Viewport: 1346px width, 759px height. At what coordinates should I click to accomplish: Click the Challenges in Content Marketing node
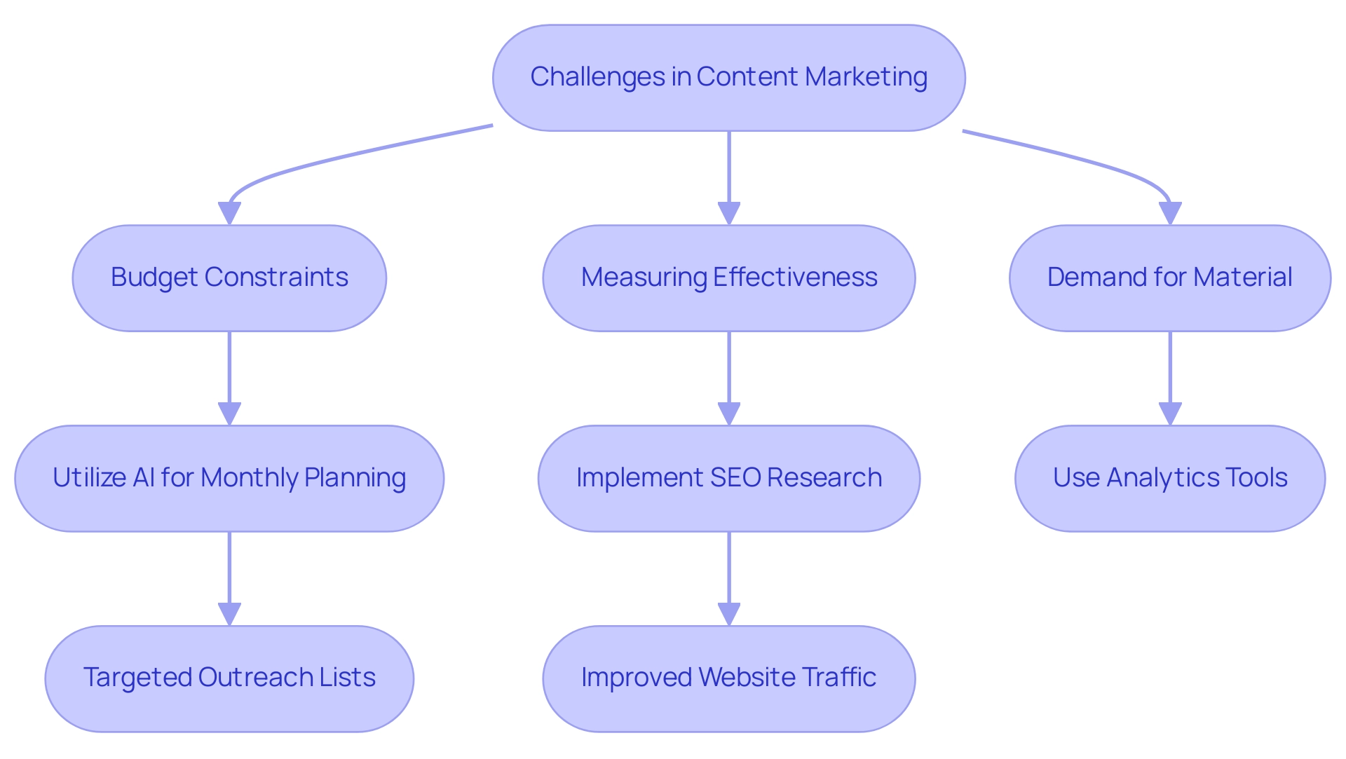coord(728,77)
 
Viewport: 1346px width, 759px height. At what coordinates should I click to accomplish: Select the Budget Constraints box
coord(229,278)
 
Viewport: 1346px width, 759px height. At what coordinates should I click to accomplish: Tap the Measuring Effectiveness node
coord(728,278)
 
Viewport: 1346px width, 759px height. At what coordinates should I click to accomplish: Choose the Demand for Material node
coord(1169,278)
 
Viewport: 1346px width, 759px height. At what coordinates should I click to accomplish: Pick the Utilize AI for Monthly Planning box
coord(229,478)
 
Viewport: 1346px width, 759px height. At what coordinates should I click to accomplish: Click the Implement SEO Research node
coord(728,478)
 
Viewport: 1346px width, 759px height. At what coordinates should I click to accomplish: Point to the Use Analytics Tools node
coord(1169,478)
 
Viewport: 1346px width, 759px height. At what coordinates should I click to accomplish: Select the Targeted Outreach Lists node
coord(229,678)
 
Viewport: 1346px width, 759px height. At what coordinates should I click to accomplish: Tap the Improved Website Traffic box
coord(728,678)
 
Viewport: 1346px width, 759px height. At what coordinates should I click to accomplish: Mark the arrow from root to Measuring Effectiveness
coord(729,175)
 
